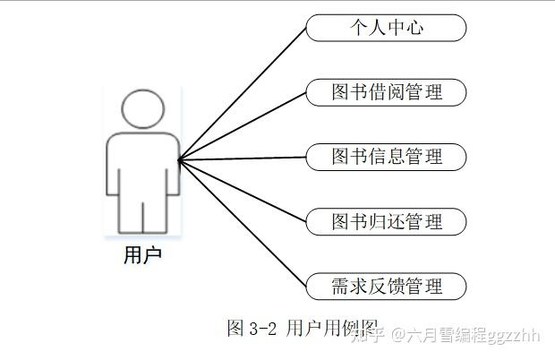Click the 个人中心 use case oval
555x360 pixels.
[386, 28]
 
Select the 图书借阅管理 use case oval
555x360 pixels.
[386, 92]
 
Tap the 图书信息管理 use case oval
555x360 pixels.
[386, 157]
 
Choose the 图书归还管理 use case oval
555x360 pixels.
[386, 221]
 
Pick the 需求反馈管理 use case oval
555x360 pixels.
[386, 287]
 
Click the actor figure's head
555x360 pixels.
[143, 110]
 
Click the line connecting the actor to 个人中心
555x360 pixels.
[242, 94]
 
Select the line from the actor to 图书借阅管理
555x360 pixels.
[242, 126]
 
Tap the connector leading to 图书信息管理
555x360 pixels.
[242, 159]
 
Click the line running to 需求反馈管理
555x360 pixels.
[242, 223]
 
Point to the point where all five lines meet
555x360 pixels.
[179, 159]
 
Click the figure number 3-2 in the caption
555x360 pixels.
[265, 329]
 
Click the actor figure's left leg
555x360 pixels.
[131, 213]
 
